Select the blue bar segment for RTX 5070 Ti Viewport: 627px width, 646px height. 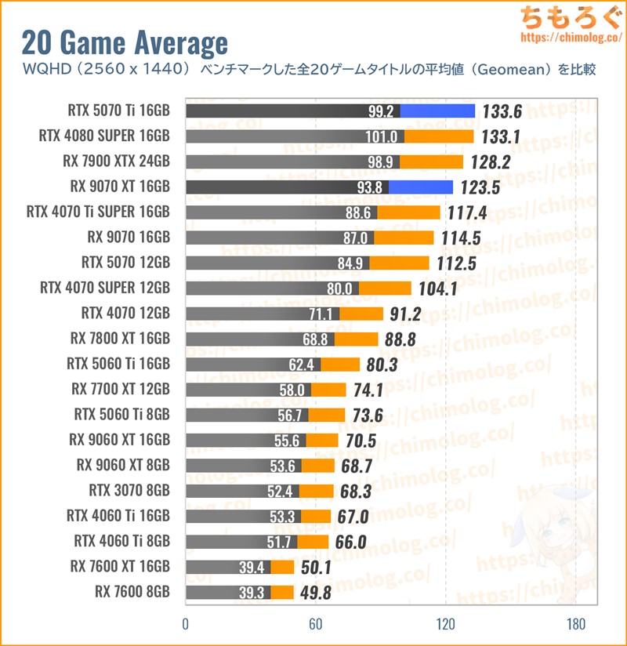(437, 111)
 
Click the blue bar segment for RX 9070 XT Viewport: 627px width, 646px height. (421, 187)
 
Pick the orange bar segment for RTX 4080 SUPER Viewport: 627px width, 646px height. (439, 136)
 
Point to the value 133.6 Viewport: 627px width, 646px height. (502, 111)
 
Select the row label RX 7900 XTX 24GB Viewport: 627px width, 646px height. (116, 162)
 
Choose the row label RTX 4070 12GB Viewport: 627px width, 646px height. (125, 314)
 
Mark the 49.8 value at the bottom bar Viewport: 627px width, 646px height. (315, 593)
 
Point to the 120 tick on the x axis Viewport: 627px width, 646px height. (445, 625)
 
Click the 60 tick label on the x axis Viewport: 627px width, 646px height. (315, 625)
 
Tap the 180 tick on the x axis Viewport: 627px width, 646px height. (575, 625)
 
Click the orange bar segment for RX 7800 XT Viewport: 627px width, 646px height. (357, 339)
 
